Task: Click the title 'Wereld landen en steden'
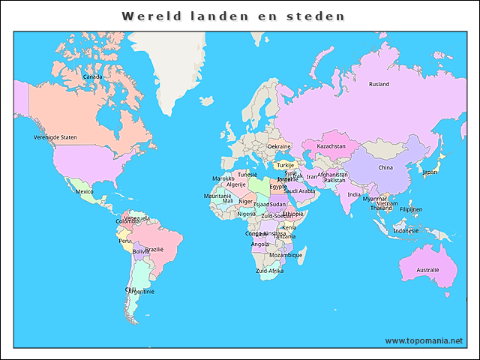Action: (x=234, y=16)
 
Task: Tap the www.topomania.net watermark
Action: (x=423, y=340)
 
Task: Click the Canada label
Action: (x=92, y=76)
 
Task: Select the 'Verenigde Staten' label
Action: (x=55, y=137)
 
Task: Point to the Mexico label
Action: (x=84, y=191)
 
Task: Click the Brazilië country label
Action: (x=154, y=249)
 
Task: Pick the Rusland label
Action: (x=379, y=84)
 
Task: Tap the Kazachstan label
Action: (x=331, y=146)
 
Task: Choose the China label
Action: (x=385, y=167)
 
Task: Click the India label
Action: (x=353, y=194)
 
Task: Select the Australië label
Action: (x=427, y=268)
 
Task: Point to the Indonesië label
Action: (x=406, y=230)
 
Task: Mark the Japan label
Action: (x=430, y=172)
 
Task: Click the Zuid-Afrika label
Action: (x=270, y=271)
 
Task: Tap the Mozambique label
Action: (x=286, y=255)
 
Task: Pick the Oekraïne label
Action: (x=279, y=146)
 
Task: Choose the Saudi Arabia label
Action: (x=299, y=190)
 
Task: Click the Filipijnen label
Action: (x=411, y=209)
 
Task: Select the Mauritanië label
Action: (x=217, y=196)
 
